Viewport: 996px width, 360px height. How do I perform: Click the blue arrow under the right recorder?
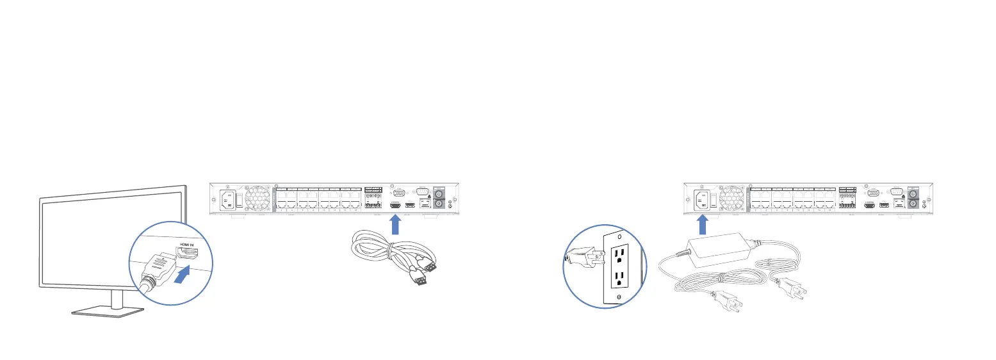click(x=702, y=224)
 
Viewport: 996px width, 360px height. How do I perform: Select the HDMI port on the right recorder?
click(x=870, y=206)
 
